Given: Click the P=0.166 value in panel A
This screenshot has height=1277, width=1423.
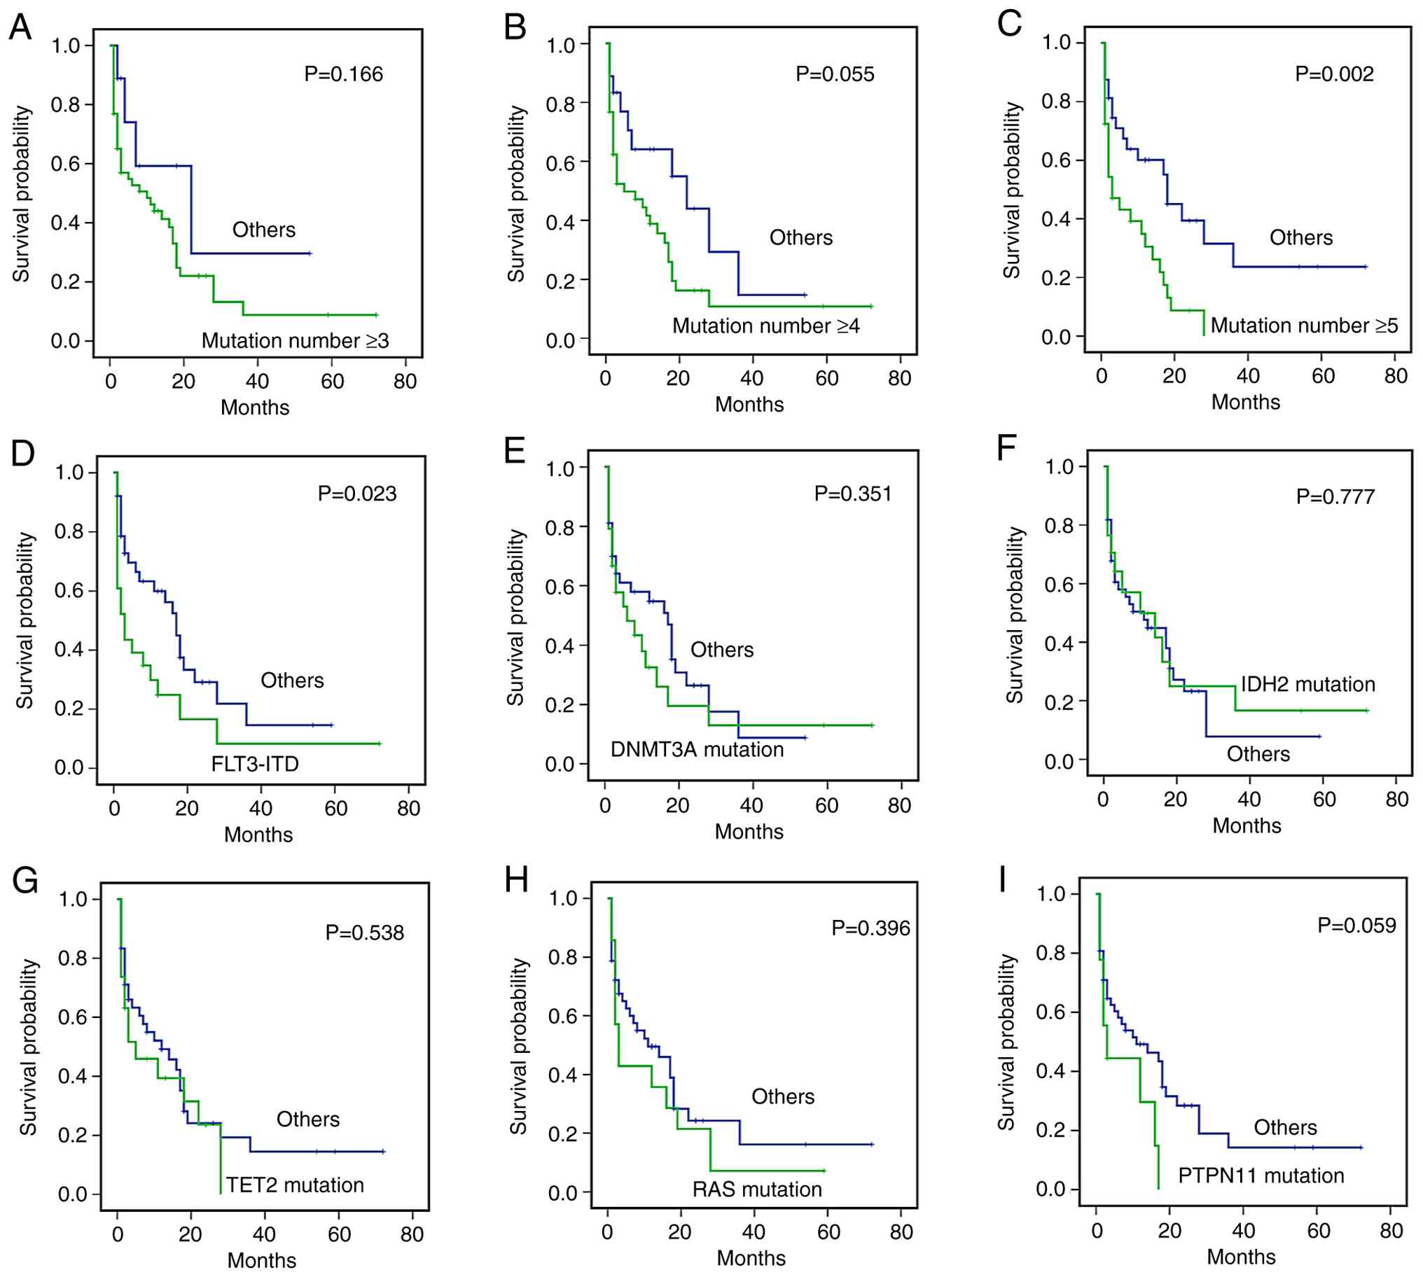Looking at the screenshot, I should pyautogui.click(x=343, y=74).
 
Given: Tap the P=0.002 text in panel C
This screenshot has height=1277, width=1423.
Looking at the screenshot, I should pyautogui.click(x=1334, y=74).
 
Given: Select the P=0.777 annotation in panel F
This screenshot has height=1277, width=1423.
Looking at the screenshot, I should pyautogui.click(x=1335, y=497).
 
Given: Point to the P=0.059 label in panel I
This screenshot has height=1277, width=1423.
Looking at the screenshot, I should pyautogui.click(x=1356, y=926).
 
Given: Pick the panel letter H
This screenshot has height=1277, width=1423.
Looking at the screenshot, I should pyautogui.click(x=516, y=880).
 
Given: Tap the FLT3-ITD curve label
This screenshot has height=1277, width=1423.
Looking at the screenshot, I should pyautogui.click(x=255, y=763).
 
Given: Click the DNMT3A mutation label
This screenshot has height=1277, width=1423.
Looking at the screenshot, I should pyautogui.click(x=697, y=749).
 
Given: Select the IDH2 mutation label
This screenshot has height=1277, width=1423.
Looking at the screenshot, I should pyautogui.click(x=1308, y=684).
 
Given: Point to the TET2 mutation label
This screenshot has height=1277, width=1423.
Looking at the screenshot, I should pyautogui.click(x=295, y=1185).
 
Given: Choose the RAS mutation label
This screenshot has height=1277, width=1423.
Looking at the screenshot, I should pyautogui.click(x=757, y=1189).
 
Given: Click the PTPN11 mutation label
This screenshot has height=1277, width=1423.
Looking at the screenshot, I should pyautogui.click(x=1261, y=1175).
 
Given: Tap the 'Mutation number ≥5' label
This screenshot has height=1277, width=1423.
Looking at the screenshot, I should pyautogui.click(x=1305, y=326).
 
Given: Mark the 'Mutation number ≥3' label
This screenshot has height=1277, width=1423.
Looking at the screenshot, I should pyautogui.click(x=295, y=341).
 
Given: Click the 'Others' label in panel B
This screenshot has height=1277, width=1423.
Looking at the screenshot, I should pyautogui.click(x=800, y=238).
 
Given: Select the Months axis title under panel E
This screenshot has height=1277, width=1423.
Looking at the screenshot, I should pyautogui.click(x=749, y=832).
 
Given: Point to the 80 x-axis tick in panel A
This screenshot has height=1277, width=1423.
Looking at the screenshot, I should pyautogui.click(x=405, y=382).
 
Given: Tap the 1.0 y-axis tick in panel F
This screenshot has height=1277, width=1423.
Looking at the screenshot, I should pyautogui.click(x=1060, y=466).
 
